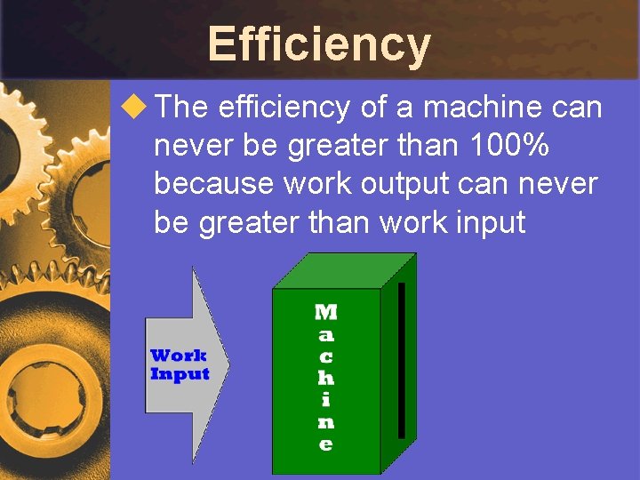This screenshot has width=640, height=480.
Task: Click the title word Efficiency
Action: click(319, 44)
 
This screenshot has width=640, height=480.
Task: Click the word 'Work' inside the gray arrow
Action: click(179, 356)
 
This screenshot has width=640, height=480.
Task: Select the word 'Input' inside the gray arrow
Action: click(180, 374)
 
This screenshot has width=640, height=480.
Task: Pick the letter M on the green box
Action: click(326, 312)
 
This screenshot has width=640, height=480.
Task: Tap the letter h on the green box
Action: click(326, 378)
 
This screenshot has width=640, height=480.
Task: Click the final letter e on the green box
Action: click(326, 444)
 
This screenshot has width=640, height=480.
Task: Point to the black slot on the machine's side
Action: click(402, 360)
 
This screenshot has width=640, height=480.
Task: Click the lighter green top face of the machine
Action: click(345, 270)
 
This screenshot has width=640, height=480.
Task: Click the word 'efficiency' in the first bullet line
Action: click(284, 108)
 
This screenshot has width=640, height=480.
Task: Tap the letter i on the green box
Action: click(326, 399)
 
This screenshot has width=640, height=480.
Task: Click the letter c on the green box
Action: click(326, 356)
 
